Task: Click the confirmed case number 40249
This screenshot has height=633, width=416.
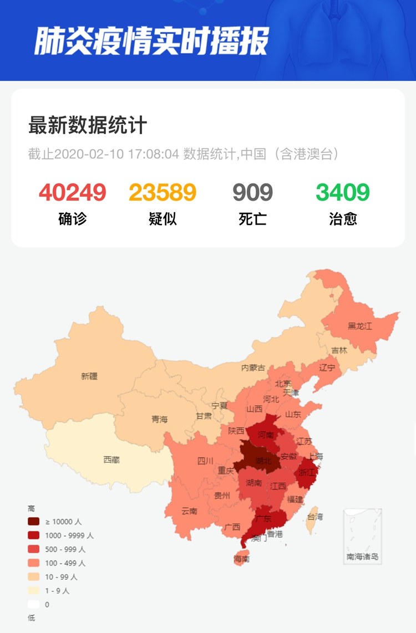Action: [73, 192]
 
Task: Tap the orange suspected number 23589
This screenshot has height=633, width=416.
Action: [163, 192]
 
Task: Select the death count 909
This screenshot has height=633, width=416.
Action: [252, 192]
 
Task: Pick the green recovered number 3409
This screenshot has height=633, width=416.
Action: [343, 192]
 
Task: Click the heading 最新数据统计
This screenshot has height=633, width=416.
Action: [87, 125]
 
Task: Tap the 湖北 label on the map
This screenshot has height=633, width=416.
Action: [263, 461]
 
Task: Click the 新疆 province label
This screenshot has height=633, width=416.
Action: [89, 376]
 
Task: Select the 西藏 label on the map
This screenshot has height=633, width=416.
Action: [111, 460]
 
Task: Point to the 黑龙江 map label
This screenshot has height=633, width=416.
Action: [360, 326]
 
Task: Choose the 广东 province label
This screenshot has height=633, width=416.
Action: [263, 519]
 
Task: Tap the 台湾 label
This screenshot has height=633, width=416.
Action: [315, 517]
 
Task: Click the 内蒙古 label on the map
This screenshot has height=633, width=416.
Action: [253, 367]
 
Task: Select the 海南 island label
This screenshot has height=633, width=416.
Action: [242, 559]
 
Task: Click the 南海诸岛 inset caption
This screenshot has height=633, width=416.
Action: [362, 556]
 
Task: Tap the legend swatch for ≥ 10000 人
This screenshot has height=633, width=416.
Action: [34, 521]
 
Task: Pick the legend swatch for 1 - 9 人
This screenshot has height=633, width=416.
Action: [34, 590]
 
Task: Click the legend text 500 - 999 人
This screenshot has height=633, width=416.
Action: [65, 549]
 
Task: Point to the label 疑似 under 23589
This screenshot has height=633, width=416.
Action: [163, 218]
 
